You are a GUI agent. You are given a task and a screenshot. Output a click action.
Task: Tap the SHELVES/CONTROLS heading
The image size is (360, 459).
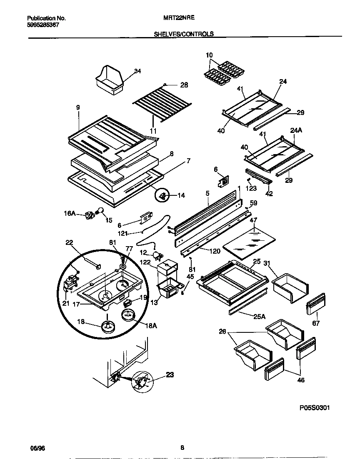pyautogui.click(x=184, y=34)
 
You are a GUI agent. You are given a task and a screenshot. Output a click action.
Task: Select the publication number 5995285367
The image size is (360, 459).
pyautogui.click(x=43, y=25)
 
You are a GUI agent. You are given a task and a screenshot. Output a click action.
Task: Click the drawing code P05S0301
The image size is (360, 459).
pyautogui.click(x=314, y=407)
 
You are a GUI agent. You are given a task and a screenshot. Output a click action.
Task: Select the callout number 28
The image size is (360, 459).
pyautogui.click(x=184, y=85)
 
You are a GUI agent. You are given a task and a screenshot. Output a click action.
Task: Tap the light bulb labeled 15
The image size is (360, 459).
pyautogui.click(x=100, y=211)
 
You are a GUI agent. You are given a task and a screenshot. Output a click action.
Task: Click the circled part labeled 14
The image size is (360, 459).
pyautogui.click(x=164, y=194)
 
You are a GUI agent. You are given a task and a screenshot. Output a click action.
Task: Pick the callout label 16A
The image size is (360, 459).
pyautogui.click(x=70, y=213)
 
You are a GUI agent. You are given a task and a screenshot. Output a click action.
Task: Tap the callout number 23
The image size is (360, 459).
pyautogui.click(x=170, y=374)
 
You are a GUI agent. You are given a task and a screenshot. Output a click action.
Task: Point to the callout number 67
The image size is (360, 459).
pyautogui.click(x=316, y=322)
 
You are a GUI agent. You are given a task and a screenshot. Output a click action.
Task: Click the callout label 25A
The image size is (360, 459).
pyautogui.click(x=259, y=317)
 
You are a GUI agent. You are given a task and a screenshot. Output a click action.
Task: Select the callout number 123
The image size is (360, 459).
pyautogui.click(x=251, y=188)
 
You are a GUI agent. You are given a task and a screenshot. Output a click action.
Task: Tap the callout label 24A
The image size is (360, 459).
pyautogui.click(x=295, y=130)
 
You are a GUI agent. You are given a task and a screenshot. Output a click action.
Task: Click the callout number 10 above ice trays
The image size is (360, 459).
pyautogui.click(x=209, y=55)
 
